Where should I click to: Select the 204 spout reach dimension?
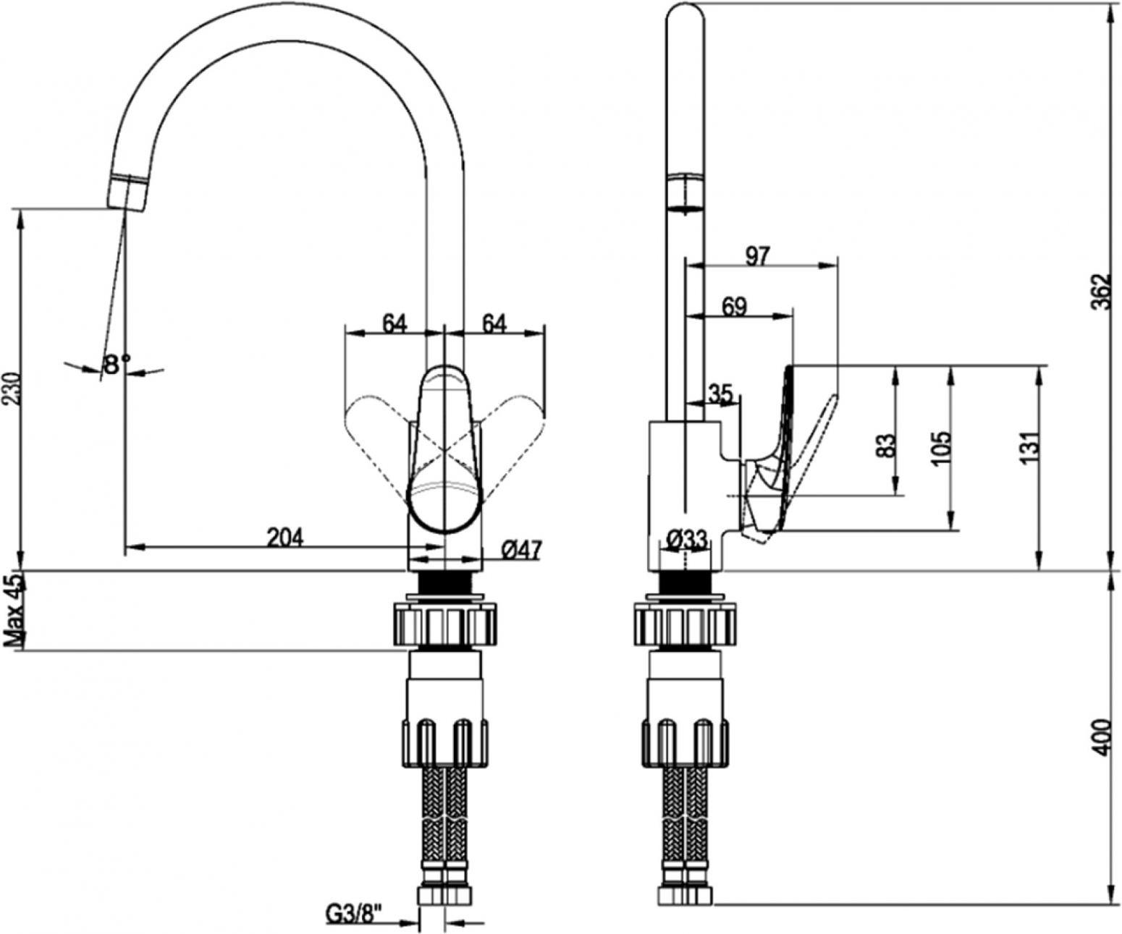coord(285,538)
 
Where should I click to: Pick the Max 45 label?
coord(14,611)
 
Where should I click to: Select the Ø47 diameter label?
coord(522,550)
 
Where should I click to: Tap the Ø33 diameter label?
coord(687,539)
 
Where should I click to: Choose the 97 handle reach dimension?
coord(758,256)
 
